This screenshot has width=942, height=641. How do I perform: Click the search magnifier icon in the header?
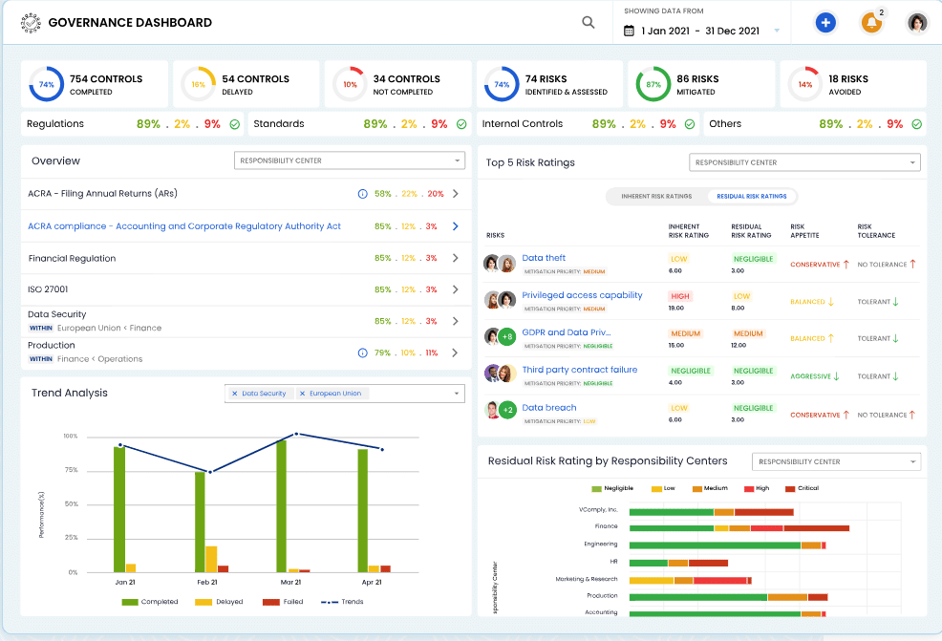pyautogui.click(x=589, y=23)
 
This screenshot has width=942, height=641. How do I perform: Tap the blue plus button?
pyautogui.click(x=825, y=23)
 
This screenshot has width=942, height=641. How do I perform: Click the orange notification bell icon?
pyautogui.click(x=871, y=23)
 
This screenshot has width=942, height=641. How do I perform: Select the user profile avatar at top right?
pyautogui.click(x=917, y=23)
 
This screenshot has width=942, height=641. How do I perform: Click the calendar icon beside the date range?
pyautogui.click(x=629, y=31)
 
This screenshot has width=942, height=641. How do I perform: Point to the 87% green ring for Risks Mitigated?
pyautogui.click(x=653, y=85)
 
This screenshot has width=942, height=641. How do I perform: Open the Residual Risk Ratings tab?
pyautogui.click(x=752, y=196)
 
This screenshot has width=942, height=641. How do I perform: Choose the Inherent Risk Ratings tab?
pyautogui.click(x=656, y=196)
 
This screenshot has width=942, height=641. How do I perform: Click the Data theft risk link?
pyautogui.click(x=544, y=258)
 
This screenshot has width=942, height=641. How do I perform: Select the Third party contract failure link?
pyautogui.click(x=579, y=370)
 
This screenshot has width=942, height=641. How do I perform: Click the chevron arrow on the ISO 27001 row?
pyautogui.click(x=456, y=289)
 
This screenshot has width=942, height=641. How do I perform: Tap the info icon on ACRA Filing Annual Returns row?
pyautogui.click(x=362, y=194)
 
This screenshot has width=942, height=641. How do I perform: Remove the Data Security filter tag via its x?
pyautogui.click(x=235, y=394)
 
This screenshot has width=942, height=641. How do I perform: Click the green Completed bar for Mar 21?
pyautogui.click(x=281, y=506)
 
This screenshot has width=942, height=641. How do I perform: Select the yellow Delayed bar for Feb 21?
pyautogui.click(x=211, y=559)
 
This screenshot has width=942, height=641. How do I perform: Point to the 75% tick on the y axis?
pyautogui.click(x=71, y=470)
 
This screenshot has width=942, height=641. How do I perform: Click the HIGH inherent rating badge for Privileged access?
pyautogui.click(x=680, y=296)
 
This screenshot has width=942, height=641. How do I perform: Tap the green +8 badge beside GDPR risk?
pyautogui.click(x=506, y=336)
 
